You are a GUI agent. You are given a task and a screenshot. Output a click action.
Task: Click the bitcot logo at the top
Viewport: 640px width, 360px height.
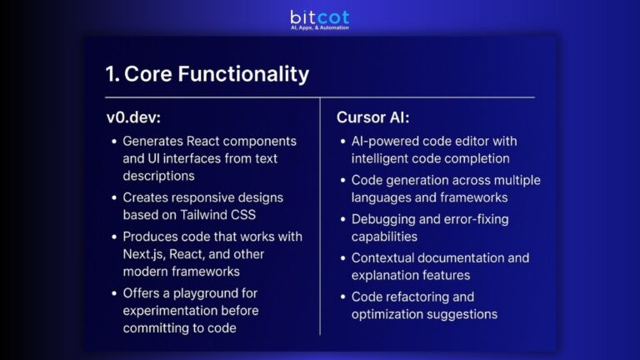click(x=319, y=16)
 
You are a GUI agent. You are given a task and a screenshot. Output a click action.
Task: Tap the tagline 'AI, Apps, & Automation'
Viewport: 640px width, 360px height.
click(x=320, y=27)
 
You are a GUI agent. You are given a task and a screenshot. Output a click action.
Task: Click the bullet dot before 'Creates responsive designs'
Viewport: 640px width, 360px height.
click(x=114, y=197)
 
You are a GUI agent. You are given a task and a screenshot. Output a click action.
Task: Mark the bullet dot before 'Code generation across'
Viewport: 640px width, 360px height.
click(x=342, y=180)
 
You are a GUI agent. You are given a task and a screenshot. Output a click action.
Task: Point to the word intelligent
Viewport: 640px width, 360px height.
click(x=382, y=157)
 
